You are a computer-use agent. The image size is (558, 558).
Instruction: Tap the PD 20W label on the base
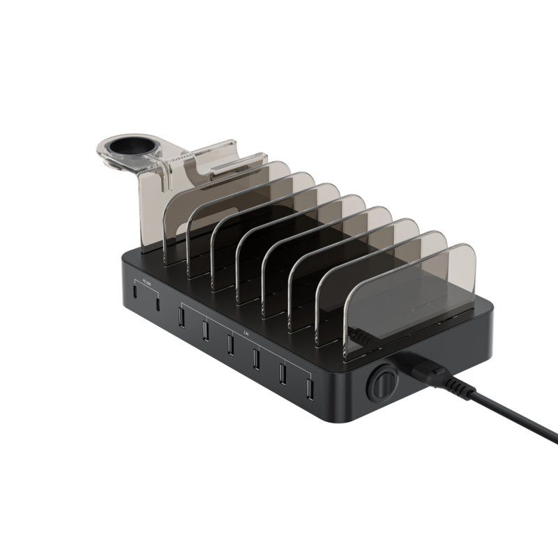click(x=146, y=282)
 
